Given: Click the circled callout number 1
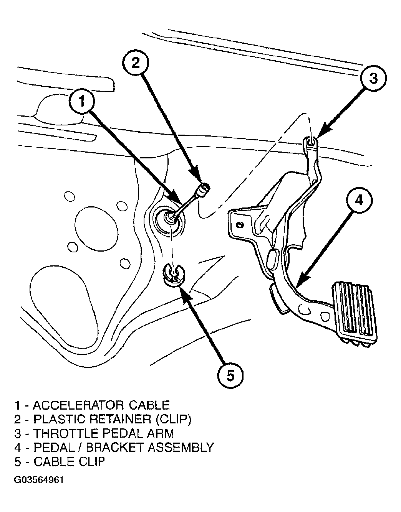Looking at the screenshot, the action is click(82, 102).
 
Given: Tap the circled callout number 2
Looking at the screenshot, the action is click(136, 63).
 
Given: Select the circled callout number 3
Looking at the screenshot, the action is click(373, 78).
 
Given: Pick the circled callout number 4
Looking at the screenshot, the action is click(359, 201).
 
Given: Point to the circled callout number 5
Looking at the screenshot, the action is click(230, 375).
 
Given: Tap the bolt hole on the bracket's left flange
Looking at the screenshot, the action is click(240, 225).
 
